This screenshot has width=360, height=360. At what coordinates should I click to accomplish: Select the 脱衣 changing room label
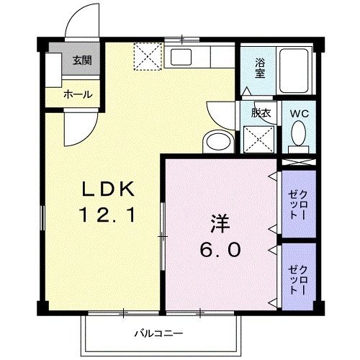point(260,113)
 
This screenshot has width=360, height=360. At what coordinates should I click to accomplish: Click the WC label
point(299,113)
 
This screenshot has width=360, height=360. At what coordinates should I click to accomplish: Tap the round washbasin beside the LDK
point(217,140)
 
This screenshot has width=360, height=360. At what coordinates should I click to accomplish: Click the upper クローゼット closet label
point(298,201)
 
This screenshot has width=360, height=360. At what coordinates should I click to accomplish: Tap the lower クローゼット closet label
point(298,276)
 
